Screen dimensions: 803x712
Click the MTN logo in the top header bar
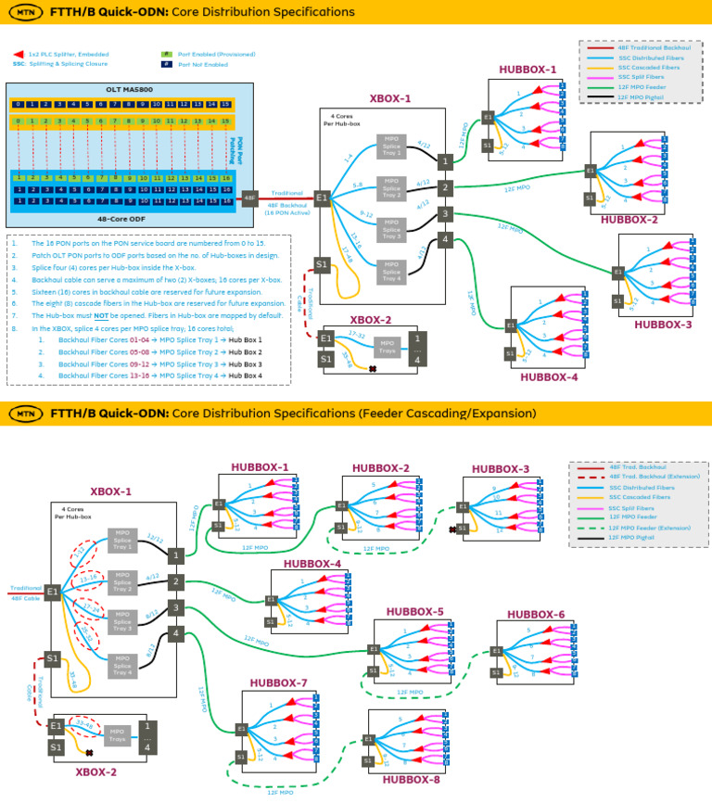pos(27,13)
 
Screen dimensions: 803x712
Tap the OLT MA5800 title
pos(130,89)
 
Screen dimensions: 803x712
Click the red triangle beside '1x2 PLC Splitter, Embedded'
pos(18,56)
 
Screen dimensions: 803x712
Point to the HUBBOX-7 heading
pos(278,683)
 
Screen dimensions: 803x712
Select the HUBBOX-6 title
pos(536,615)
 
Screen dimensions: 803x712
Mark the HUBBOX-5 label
pos(414,612)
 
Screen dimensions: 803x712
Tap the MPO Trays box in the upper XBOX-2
pos(388,347)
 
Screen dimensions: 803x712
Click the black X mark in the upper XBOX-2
pos(372,369)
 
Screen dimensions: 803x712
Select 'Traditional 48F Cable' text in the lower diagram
pos(24,593)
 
